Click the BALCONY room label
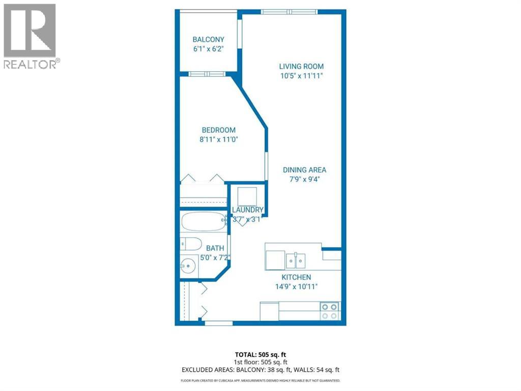tap(208, 39)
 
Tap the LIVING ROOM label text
tap(301, 66)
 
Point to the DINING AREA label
tap(305, 170)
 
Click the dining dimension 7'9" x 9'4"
tap(305, 179)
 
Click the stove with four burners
tap(330, 311)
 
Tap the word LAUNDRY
tap(248, 210)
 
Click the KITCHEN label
tap(297, 277)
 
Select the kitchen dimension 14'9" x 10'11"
tap(297, 286)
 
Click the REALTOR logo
tap(31, 36)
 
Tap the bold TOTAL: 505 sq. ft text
tap(260, 354)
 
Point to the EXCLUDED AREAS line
tap(260, 370)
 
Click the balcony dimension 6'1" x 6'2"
tap(208, 49)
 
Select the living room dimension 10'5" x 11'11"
tap(301, 76)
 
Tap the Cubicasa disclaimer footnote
tap(260, 380)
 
